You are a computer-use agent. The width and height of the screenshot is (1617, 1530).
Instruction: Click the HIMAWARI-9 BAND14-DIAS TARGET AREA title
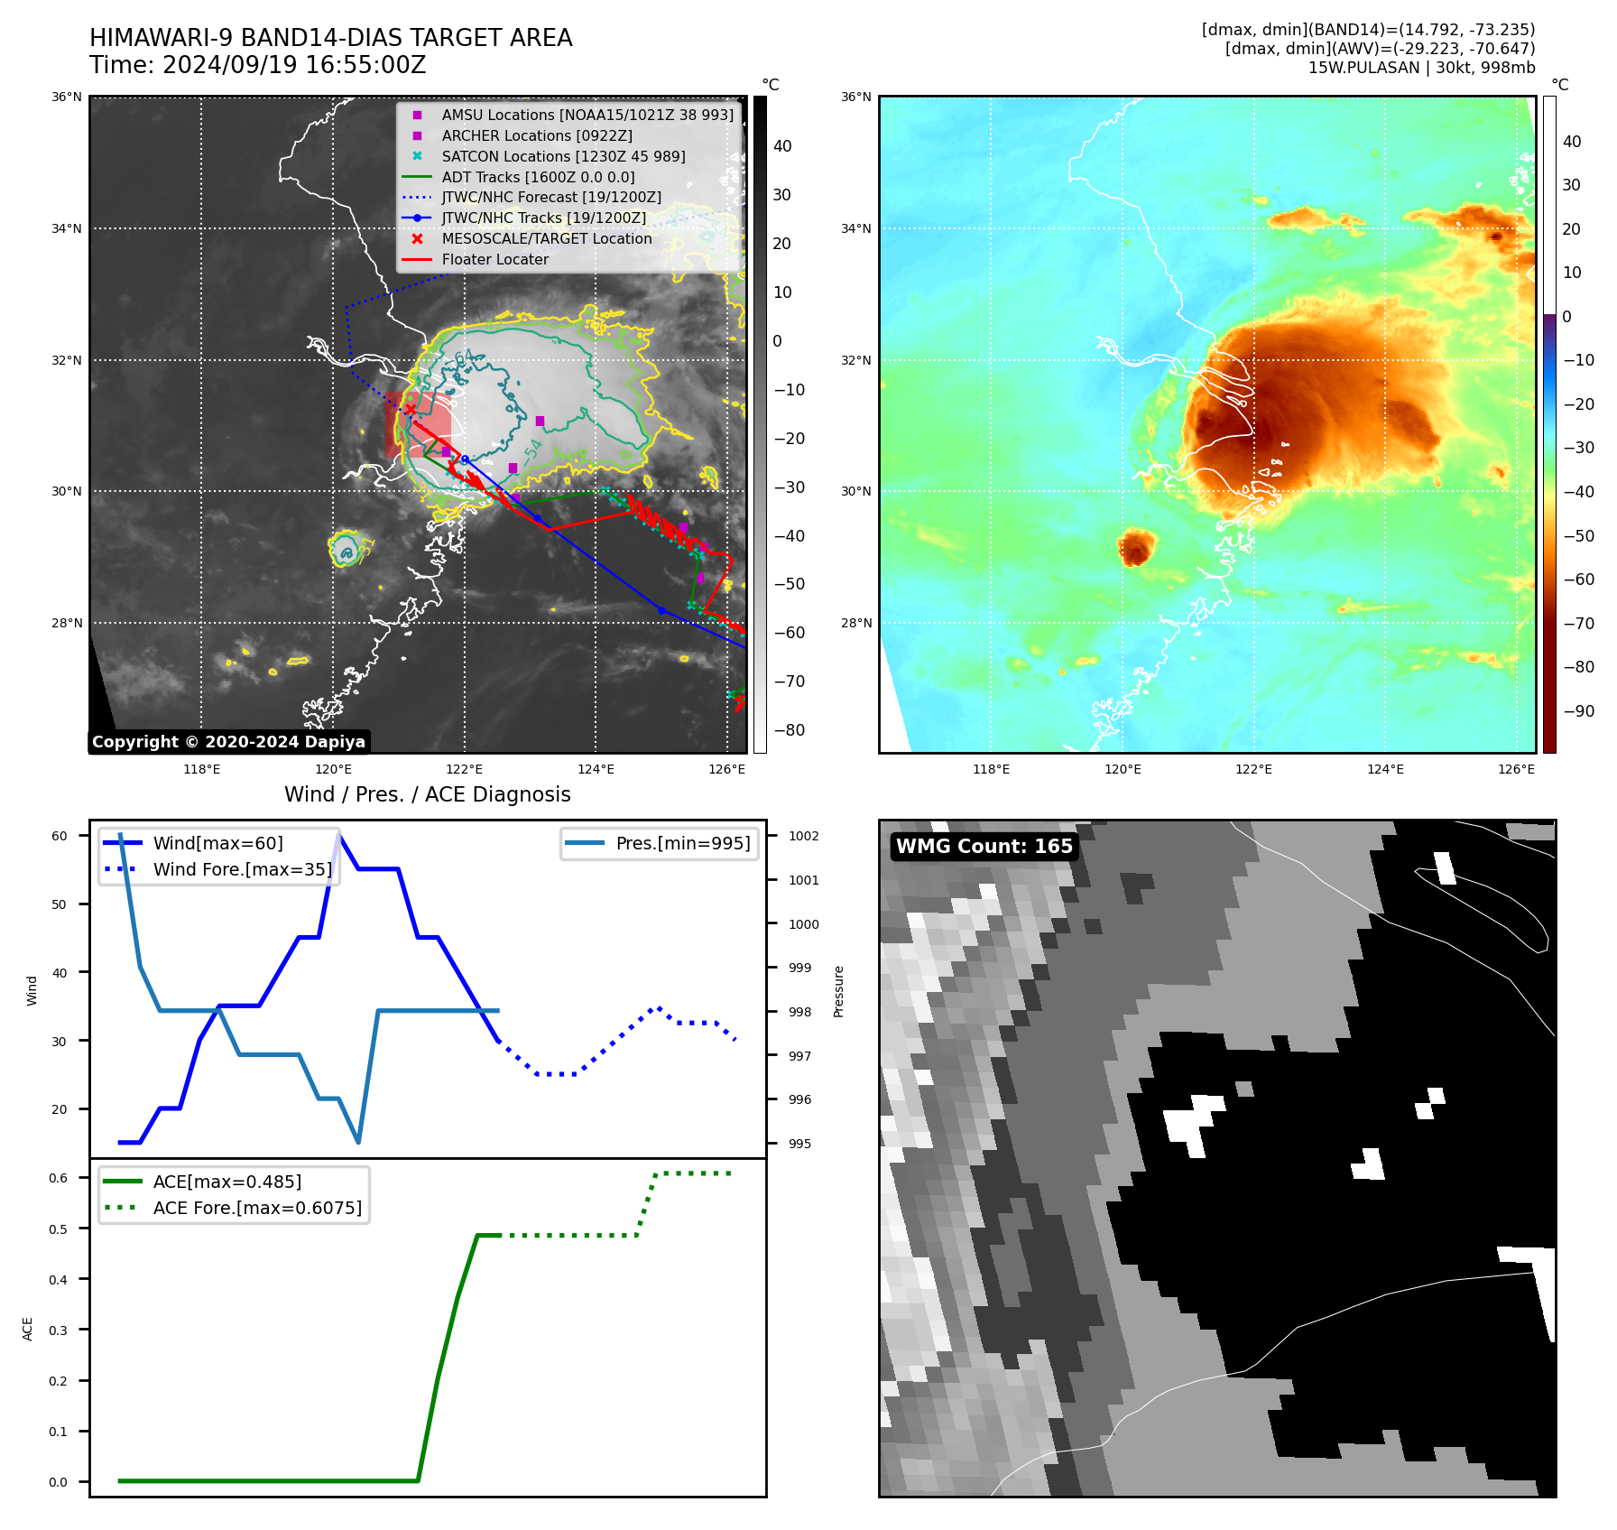[330, 38]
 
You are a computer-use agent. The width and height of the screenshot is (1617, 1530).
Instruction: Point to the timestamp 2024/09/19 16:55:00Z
[257, 65]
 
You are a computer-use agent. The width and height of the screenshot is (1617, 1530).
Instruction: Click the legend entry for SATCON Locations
[563, 156]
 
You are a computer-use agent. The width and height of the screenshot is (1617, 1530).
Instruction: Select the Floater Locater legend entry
[494, 259]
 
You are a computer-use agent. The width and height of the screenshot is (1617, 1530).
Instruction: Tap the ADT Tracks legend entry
[538, 177]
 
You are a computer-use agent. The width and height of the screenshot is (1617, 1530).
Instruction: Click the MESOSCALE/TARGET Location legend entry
[546, 238]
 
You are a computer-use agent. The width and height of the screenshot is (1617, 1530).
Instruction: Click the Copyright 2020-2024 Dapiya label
[228, 742]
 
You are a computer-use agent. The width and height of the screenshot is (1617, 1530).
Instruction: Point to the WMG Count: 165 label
[984, 847]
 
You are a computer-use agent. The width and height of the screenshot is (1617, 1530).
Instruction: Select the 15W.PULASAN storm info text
[1421, 68]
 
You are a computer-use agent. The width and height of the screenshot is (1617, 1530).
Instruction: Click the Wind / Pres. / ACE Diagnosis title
[427, 794]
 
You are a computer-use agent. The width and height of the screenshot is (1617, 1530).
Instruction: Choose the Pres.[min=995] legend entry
[682, 843]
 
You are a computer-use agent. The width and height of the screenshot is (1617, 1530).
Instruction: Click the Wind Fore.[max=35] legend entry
[242, 869]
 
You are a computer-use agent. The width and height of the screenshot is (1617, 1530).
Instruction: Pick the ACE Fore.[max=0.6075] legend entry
[257, 1208]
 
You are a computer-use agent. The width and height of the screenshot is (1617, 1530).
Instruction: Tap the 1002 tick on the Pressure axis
[803, 836]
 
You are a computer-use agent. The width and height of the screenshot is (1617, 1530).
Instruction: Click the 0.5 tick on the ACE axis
[58, 1229]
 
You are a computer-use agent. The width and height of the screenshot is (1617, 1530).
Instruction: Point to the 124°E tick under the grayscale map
[596, 769]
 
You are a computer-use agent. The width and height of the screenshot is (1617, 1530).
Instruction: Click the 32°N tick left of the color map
[856, 360]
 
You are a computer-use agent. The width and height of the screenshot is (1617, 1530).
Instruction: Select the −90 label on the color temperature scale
[1578, 711]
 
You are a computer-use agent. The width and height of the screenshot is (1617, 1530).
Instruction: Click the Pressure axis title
[838, 991]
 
